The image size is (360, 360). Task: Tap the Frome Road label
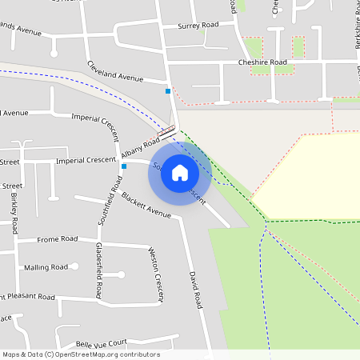point(58,238)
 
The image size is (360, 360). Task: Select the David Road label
point(194,290)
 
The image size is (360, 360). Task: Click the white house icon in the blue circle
point(179,173)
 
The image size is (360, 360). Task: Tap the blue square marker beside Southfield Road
point(124,166)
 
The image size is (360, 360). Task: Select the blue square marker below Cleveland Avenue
point(167,91)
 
